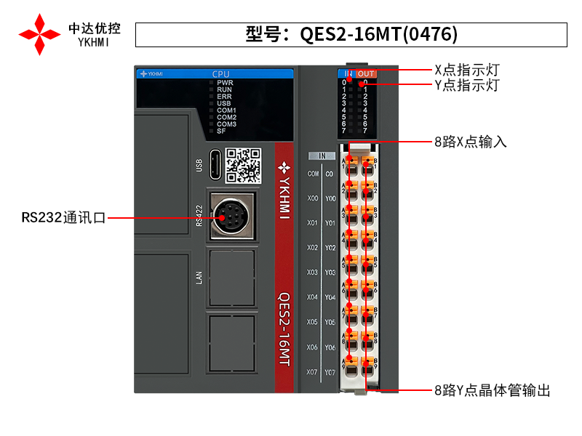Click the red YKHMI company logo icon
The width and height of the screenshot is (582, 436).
click(40, 33)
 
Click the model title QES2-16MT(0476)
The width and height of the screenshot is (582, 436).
click(351, 34)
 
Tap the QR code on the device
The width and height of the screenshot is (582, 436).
click(243, 165)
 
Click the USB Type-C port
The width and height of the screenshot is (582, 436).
click(215, 165)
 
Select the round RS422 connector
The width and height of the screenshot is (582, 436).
click(231, 215)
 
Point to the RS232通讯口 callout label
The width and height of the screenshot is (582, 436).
click(64, 217)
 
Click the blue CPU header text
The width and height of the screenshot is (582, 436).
click(220, 74)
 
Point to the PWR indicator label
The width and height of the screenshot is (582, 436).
click(225, 83)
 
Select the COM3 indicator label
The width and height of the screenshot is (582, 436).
click(226, 124)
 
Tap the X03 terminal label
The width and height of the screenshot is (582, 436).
click(313, 272)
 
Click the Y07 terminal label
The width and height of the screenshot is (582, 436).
click(330, 372)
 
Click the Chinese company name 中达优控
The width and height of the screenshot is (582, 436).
click(95, 28)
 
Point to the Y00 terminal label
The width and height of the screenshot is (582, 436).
click(330, 198)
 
